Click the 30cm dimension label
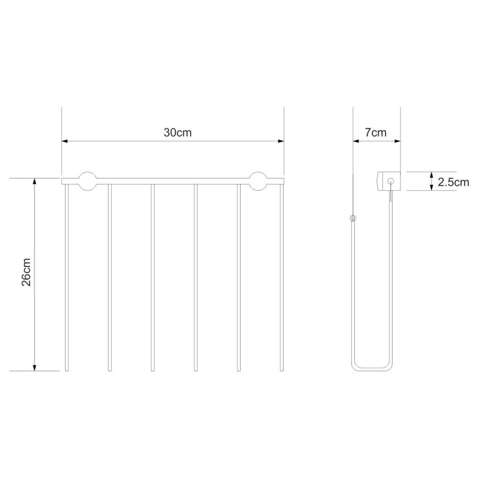177,133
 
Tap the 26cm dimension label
27,272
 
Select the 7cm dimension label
375,133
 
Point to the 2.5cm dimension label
454,182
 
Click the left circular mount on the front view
88,181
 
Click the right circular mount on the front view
258,181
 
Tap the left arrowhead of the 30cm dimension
65,141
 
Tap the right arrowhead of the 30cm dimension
281,141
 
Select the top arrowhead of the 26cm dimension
35,181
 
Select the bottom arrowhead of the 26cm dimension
35,368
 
